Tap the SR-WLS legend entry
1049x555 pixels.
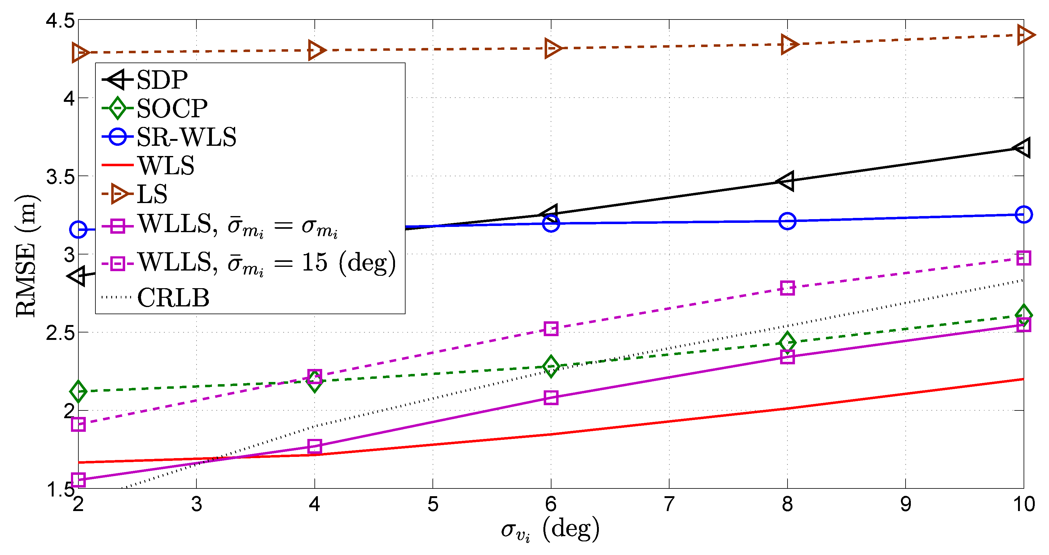coord(186,137)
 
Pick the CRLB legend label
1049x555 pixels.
coord(173,297)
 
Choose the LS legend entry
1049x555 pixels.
coord(152,194)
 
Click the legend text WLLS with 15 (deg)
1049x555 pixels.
coord(266,262)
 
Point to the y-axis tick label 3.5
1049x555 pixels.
coord(60,176)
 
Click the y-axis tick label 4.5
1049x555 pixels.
coord(60,20)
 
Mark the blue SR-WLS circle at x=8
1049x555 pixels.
coord(787,221)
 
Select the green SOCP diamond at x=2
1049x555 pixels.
coord(78,392)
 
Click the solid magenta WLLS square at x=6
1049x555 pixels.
coord(551,397)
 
